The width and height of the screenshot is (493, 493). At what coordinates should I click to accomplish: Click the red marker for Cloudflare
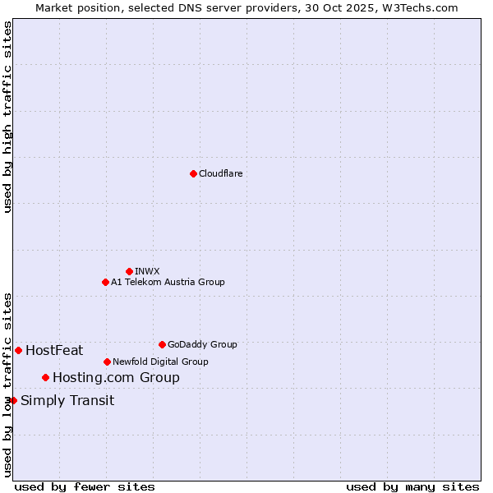coord(193,173)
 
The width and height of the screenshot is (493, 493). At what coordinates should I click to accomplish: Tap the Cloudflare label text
coord(220,173)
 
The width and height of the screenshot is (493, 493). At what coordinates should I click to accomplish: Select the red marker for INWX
coord(129,271)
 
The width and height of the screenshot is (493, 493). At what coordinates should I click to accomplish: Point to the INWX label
coord(147,271)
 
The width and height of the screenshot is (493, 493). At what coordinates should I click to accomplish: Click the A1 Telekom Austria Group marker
coord(105,282)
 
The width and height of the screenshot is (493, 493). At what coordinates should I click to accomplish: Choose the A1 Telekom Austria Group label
coord(168,282)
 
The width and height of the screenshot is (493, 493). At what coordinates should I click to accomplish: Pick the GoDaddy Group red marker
coord(162,344)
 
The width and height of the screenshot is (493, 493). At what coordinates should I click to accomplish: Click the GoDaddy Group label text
coord(201,344)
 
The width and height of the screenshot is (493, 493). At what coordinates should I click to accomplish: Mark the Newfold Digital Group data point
coord(107,362)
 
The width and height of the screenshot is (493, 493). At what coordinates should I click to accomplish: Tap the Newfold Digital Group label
coord(160,362)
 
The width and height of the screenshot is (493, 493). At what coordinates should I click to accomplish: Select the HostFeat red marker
coord(18,350)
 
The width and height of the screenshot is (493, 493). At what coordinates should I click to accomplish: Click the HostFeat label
coord(54,351)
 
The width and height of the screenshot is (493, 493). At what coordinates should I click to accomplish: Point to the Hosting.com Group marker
coord(45,377)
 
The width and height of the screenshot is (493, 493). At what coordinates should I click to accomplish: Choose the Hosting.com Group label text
coord(116,378)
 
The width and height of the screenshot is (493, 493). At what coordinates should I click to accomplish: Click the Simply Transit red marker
coord(13,400)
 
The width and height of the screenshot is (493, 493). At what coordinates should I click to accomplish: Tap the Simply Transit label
coord(67,401)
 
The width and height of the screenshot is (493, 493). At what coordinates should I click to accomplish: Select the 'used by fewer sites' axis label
coord(85,486)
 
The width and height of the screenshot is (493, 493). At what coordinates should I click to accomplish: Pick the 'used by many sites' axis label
coord(412,486)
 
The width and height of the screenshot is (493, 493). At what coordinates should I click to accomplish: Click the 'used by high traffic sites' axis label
coord(7,117)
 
